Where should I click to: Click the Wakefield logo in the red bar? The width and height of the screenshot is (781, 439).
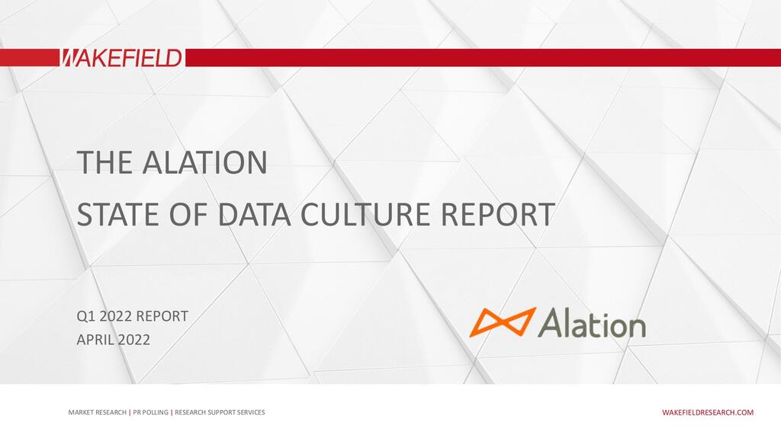(x=121, y=58)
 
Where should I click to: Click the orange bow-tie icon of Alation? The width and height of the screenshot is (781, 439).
(x=502, y=322)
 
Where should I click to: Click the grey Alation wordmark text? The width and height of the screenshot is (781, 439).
(x=593, y=323)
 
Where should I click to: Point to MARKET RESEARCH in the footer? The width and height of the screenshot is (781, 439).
(x=97, y=412)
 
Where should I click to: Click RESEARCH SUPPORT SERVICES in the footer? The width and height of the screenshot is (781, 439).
(x=220, y=412)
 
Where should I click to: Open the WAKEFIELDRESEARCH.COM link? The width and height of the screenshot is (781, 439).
(x=707, y=412)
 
